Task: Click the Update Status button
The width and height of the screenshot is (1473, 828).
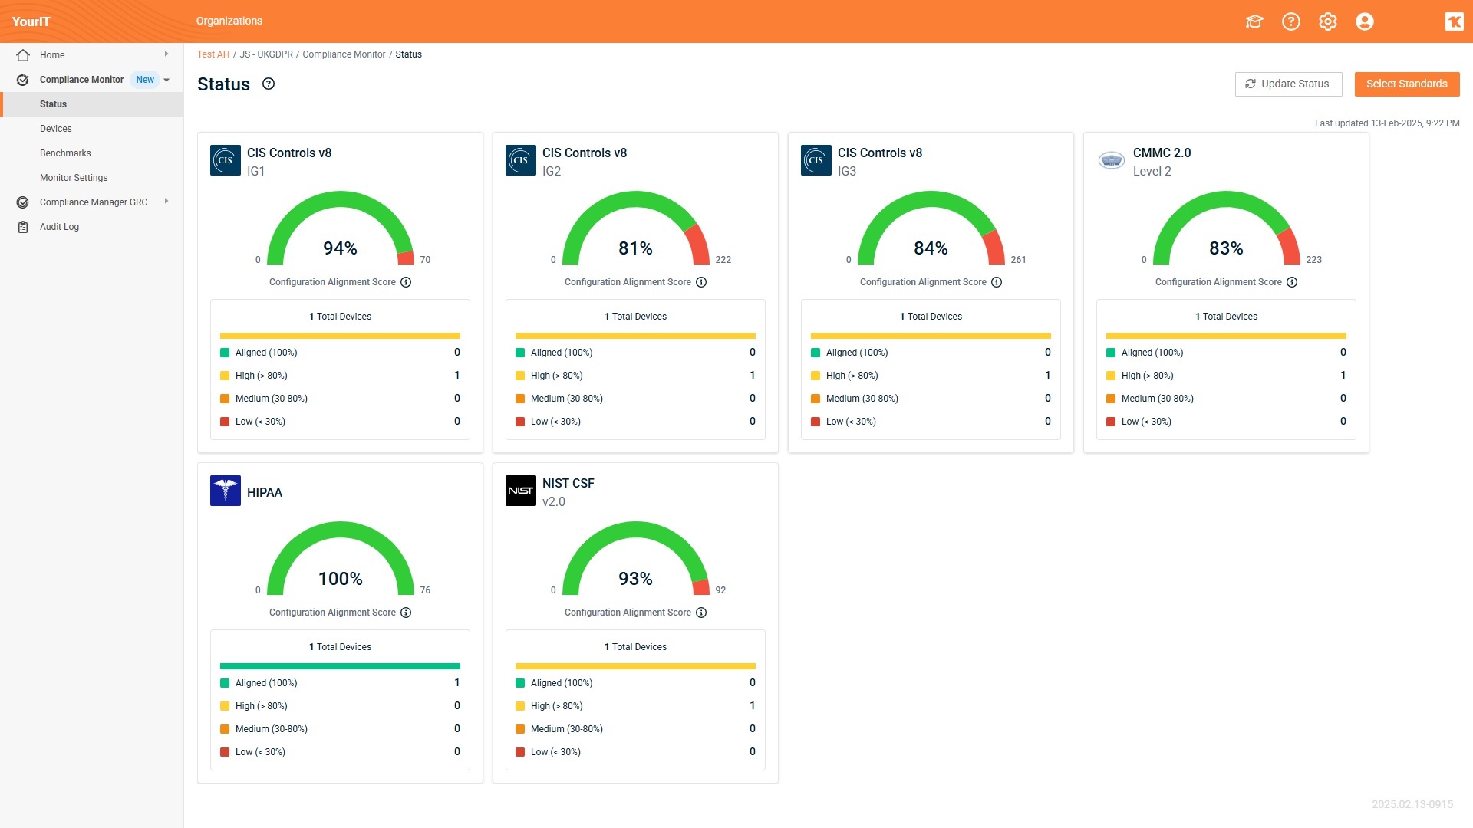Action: tap(1287, 84)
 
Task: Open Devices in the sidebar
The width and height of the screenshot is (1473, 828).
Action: tap(55, 129)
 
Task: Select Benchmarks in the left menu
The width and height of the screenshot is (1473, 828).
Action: tap(65, 153)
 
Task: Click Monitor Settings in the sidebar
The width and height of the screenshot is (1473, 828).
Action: tap(74, 178)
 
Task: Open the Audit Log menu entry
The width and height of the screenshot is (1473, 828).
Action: tap(59, 227)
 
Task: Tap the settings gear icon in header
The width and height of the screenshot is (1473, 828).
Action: tap(1327, 21)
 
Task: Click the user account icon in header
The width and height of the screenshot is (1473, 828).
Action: tap(1364, 21)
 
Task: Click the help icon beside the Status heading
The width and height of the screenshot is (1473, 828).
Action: tap(269, 84)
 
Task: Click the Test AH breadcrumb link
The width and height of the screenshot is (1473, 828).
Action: tap(213, 54)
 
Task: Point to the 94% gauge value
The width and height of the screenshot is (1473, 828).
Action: tap(340, 248)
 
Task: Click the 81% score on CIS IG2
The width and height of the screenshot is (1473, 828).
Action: tap(635, 248)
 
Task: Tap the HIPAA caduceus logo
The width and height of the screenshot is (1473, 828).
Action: tap(226, 491)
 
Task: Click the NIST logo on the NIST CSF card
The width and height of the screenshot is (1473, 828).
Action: tap(520, 491)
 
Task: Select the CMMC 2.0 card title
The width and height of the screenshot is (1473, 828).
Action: tap(1162, 153)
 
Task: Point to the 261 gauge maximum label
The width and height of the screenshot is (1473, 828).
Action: tap(1018, 260)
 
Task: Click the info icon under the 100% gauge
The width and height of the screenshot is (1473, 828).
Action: tap(406, 613)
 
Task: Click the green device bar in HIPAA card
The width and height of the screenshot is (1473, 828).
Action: tap(340, 666)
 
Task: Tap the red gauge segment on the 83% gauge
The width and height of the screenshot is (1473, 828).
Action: tap(1290, 247)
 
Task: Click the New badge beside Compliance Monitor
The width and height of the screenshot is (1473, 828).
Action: tap(145, 80)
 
